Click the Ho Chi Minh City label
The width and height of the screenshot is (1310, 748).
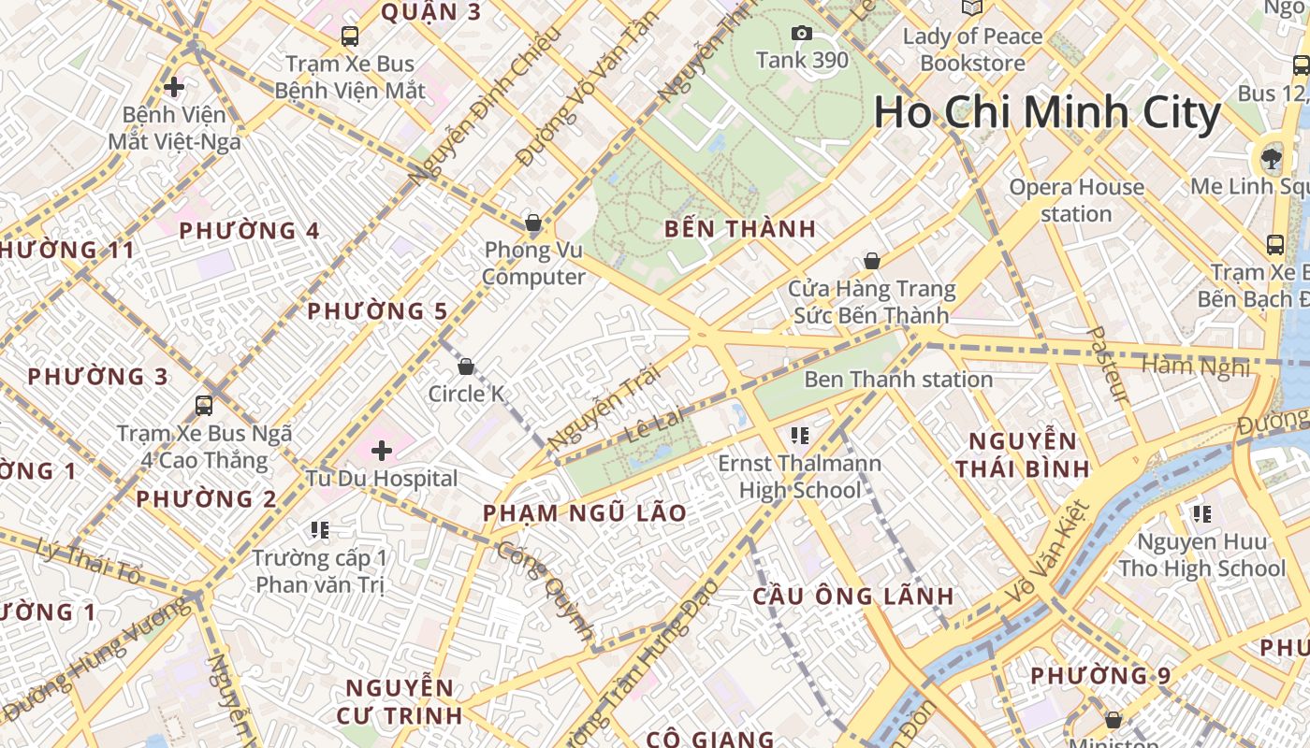[1047, 114]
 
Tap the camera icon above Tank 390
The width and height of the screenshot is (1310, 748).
[802, 34]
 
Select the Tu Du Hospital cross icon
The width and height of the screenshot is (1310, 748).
[382, 451]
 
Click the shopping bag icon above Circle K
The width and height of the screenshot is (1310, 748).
[466, 367]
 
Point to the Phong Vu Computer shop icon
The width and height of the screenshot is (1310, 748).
[533, 223]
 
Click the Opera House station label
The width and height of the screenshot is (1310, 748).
[1076, 200]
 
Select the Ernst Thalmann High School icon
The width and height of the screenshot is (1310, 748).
[799, 435]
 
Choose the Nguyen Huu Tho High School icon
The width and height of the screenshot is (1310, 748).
[1202, 513]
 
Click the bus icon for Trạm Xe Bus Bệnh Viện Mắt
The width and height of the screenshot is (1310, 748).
[350, 36]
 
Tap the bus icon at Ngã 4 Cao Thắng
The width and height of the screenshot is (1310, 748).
[204, 406]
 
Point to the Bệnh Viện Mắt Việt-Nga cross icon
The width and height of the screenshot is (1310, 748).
[173, 87]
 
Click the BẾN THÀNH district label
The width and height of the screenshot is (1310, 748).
[740, 229]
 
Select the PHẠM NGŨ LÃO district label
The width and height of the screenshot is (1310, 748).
[585, 513]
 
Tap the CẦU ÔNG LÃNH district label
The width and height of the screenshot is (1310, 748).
[853, 597]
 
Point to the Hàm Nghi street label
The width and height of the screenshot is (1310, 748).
[1196, 367]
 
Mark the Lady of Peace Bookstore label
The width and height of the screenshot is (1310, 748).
[972, 50]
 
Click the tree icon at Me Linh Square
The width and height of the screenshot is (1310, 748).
[1271, 157]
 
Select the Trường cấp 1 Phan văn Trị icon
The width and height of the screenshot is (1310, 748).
[320, 531]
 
